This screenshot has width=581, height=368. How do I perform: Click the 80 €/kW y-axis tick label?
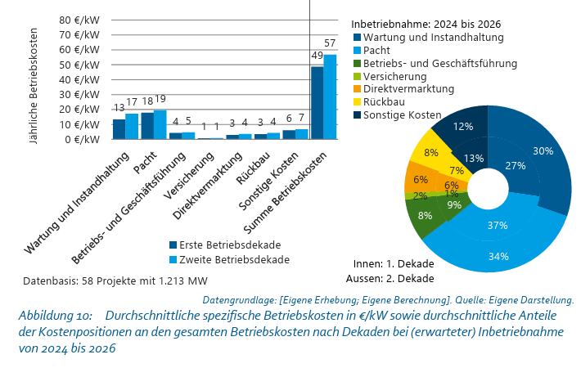click(x=79, y=20)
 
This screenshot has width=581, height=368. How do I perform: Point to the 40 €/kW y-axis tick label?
click(x=79, y=79)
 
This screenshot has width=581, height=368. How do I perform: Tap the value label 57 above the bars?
click(x=330, y=43)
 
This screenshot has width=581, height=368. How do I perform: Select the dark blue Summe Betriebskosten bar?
click(x=318, y=103)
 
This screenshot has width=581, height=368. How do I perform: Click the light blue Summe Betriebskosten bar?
click(x=330, y=97)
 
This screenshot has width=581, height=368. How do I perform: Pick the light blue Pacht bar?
click(x=160, y=125)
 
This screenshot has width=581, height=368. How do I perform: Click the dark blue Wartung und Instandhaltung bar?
click(x=119, y=129)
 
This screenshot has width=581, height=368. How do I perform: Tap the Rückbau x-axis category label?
click(x=253, y=168)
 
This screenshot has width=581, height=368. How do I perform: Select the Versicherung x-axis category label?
click(x=188, y=176)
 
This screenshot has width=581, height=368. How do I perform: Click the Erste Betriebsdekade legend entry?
click(x=225, y=245)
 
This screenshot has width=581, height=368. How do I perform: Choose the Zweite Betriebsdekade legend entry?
click(x=229, y=260)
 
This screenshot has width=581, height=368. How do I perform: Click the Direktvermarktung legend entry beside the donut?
click(x=404, y=89)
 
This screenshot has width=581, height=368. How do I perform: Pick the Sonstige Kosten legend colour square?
click(x=358, y=114)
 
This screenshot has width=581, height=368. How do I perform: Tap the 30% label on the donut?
click(x=543, y=151)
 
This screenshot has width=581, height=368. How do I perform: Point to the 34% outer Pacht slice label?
click(x=498, y=256)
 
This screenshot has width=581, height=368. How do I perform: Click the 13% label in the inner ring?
click(x=474, y=159)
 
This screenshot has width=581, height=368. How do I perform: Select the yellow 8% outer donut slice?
click(x=427, y=149)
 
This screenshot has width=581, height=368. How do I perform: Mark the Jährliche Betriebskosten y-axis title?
click(x=34, y=86)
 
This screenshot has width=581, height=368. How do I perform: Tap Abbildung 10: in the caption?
click(x=55, y=316)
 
